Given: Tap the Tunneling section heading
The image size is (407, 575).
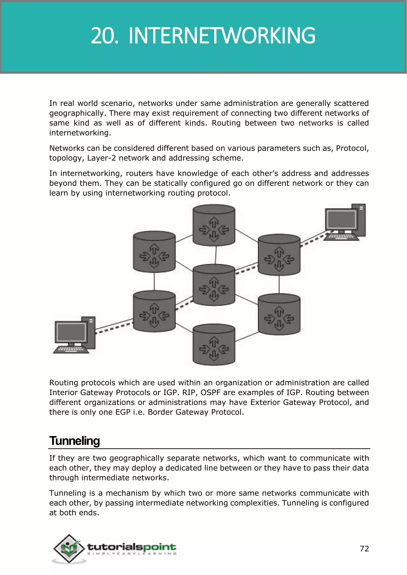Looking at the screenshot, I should pyautogui.click(x=75, y=441).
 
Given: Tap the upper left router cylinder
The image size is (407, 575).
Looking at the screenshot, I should pyautogui.click(x=154, y=252).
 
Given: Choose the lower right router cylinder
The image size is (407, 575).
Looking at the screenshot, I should pyautogui.click(x=279, y=314).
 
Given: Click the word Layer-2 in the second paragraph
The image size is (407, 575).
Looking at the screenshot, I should pyautogui.click(x=101, y=158).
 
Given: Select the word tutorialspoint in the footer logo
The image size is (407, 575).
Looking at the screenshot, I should pyautogui.click(x=132, y=547).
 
